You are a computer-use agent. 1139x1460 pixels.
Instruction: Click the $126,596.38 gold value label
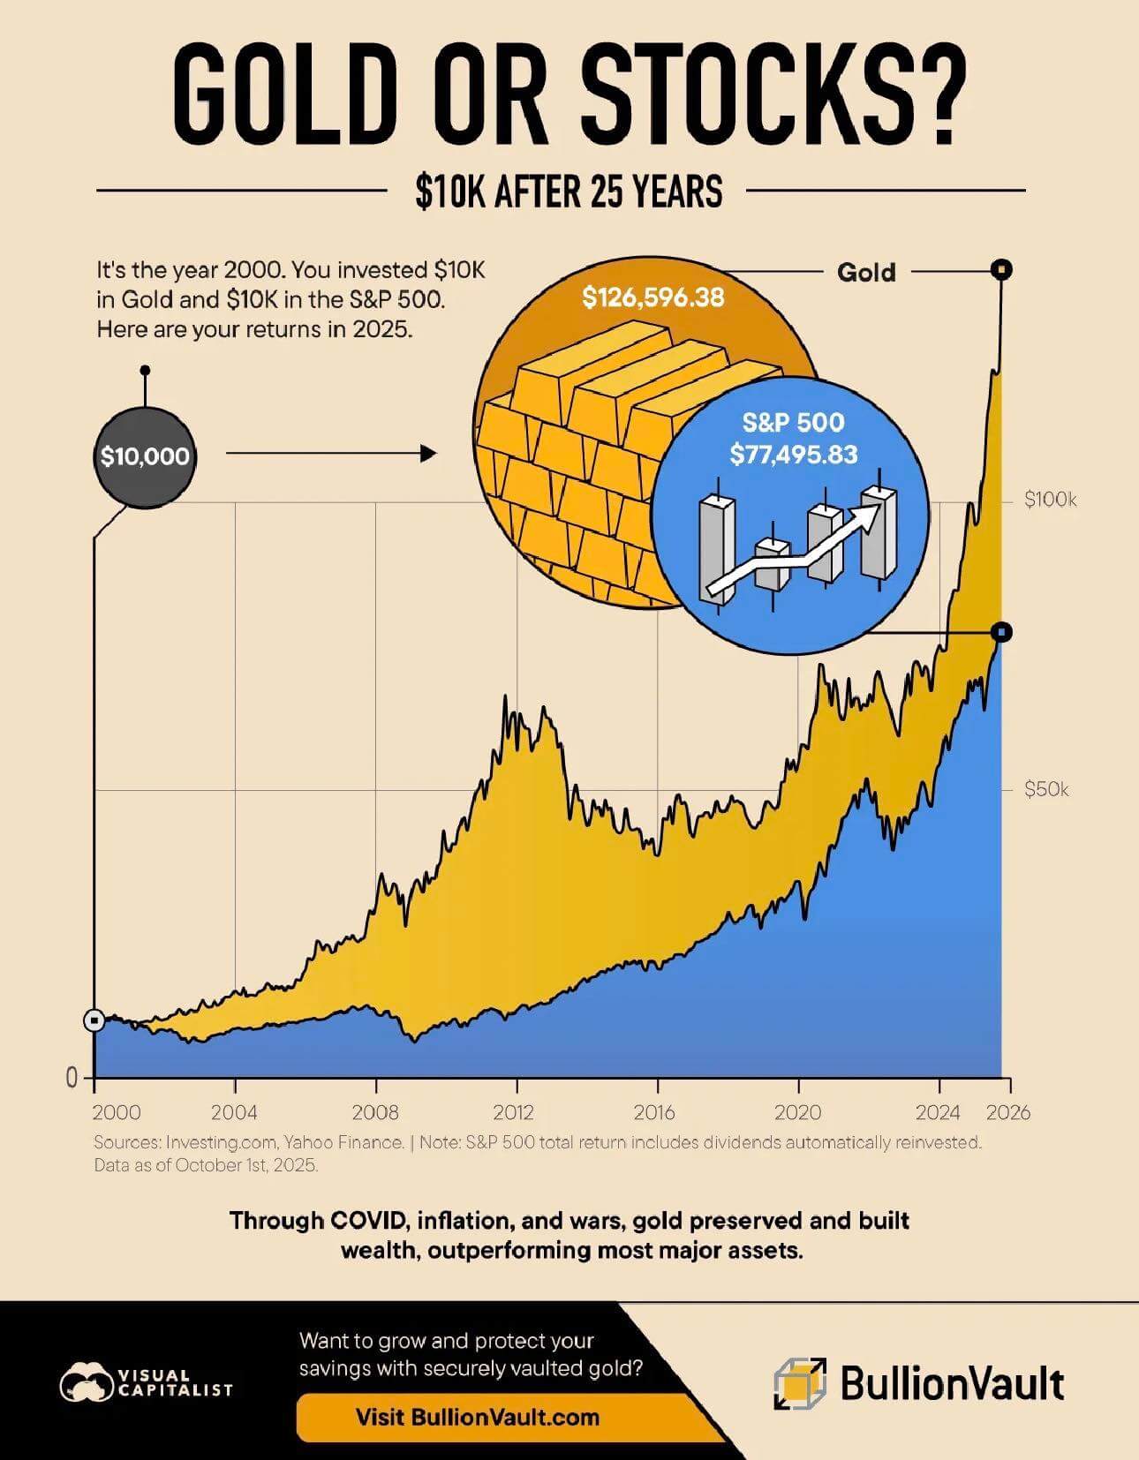click(652, 297)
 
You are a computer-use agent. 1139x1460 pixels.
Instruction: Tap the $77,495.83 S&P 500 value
click(793, 455)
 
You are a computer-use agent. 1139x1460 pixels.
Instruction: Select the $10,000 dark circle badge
click(145, 456)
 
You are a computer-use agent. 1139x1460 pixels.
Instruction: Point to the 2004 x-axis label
click(234, 1112)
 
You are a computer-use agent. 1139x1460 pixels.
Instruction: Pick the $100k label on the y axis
click(1050, 500)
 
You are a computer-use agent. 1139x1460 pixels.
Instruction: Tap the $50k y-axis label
click(1045, 789)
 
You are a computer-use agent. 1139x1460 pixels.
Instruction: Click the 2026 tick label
click(1008, 1112)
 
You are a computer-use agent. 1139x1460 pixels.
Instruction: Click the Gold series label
click(866, 272)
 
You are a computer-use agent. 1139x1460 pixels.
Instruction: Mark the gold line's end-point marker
click(1001, 269)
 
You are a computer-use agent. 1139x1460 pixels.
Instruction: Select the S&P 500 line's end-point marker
click(1001, 632)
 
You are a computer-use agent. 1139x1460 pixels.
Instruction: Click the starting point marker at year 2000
click(94, 1020)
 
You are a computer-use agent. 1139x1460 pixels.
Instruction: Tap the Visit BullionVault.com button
click(477, 1418)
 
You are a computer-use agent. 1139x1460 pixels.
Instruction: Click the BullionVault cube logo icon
click(800, 1383)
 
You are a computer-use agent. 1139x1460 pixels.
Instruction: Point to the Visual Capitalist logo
click(146, 1383)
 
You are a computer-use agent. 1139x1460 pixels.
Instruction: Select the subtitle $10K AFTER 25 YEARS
click(569, 191)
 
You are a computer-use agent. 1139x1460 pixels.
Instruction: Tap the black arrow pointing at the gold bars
click(331, 454)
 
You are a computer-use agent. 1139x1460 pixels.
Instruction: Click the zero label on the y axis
click(72, 1077)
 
